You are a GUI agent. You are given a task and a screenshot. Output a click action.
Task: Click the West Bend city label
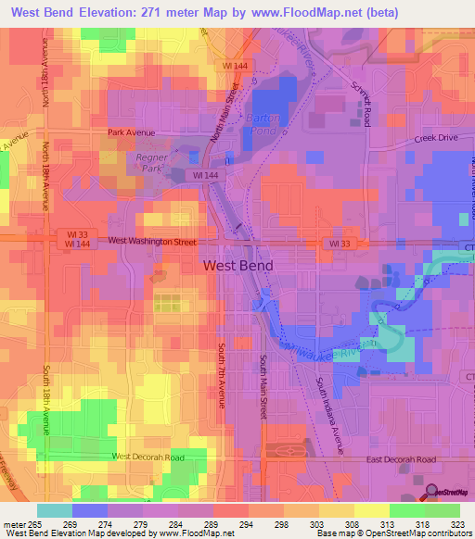click(x=237, y=265)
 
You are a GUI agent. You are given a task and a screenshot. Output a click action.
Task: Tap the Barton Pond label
click(x=268, y=124)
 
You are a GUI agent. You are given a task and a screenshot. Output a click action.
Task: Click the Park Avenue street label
click(x=128, y=132)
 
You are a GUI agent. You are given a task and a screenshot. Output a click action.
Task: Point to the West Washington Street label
click(x=152, y=241)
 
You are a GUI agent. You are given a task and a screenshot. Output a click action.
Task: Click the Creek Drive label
click(x=436, y=138)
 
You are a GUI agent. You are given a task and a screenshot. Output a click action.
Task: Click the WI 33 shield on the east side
click(x=340, y=243)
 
